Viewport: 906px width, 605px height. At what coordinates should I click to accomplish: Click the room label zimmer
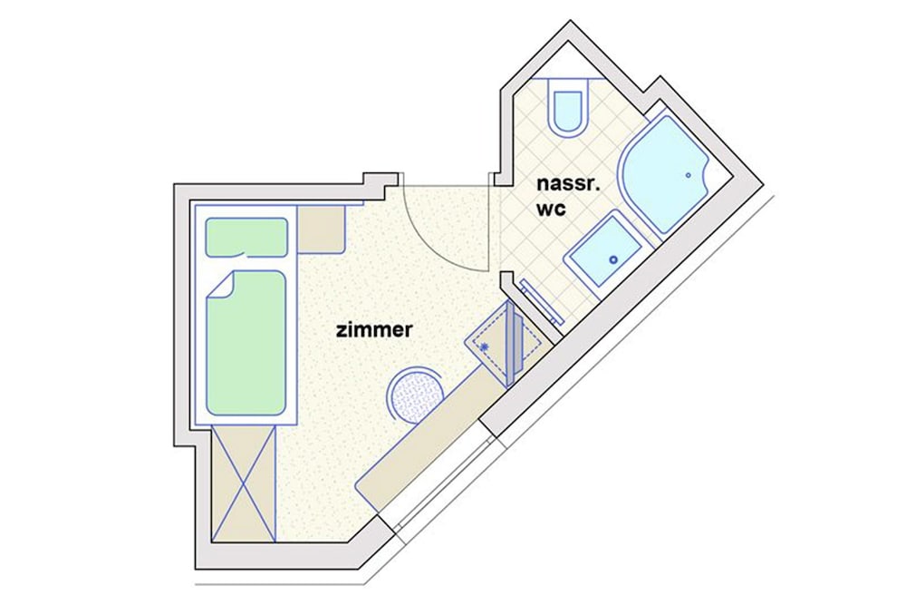pos(374,329)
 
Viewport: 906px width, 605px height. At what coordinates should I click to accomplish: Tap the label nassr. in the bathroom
pos(569,184)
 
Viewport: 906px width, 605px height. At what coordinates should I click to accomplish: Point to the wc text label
pos(551,209)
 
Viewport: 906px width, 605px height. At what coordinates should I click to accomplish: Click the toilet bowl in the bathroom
pos(569,112)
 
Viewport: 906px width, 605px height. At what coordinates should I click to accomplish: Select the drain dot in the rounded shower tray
pos(689,175)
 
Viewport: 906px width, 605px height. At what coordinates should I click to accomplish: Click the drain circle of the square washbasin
pos(613,260)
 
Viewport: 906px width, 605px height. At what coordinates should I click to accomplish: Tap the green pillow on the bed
pos(246,237)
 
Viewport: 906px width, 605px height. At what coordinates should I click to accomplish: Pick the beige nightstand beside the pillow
pos(322,229)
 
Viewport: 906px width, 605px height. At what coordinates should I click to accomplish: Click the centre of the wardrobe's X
pos(243,483)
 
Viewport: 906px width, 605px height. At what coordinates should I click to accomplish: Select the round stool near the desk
pos(416,395)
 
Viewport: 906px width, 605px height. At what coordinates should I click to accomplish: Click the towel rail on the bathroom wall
pos(542,302)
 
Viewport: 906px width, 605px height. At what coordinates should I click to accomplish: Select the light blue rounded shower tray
pos(664,173)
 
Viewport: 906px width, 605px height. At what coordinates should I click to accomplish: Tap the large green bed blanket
pos(246,343)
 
